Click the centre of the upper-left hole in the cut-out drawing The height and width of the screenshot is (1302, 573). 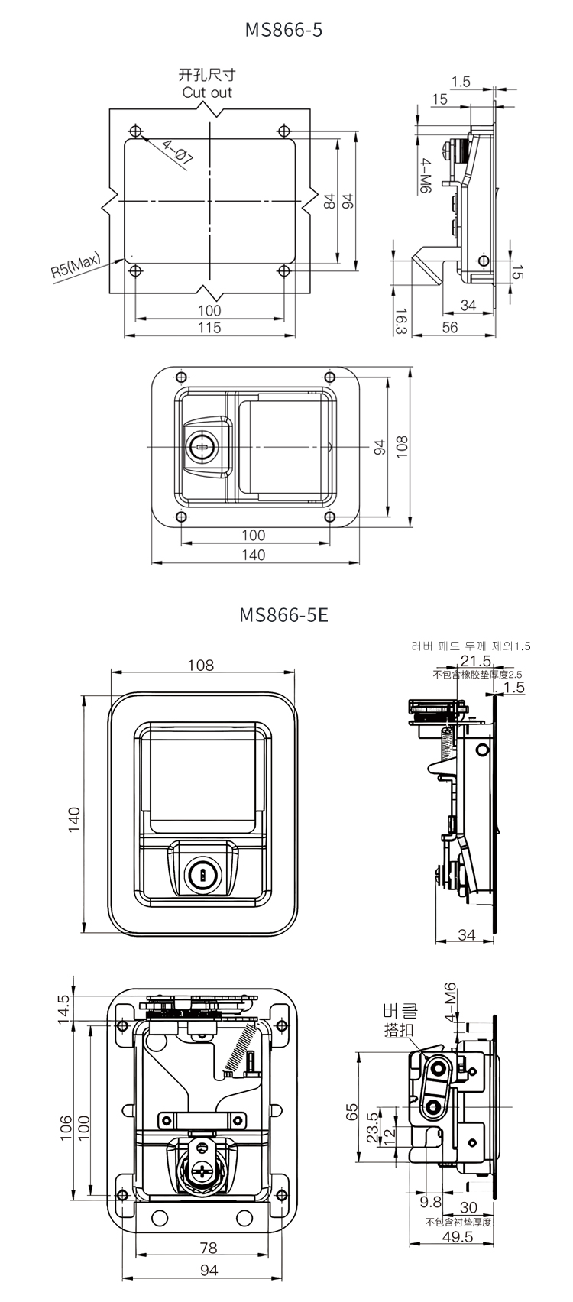point(135,130)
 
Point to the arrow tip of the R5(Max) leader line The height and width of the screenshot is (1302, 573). point(125,260)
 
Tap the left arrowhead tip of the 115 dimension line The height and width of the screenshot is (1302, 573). point(125,335)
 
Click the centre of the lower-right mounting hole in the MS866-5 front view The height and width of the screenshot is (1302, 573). point(329,517)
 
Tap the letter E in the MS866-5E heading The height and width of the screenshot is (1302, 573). point(322,614)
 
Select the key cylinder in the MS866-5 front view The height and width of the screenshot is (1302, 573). point(200,446)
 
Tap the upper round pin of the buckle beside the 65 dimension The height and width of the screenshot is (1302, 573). point(436,1067)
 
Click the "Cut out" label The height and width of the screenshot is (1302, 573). point(207,92)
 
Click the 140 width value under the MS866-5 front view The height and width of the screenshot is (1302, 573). point(254,555)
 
